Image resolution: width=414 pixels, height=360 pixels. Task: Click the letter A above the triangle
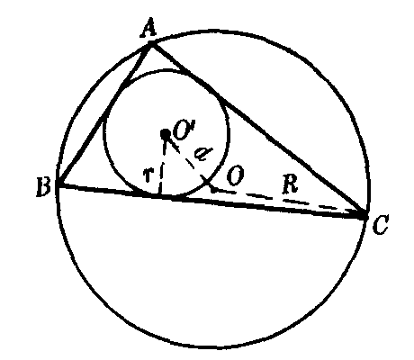click(148, 28)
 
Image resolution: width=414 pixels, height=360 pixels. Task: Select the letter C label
click(381, 224)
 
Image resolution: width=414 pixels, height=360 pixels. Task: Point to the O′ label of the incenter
click(184, 130)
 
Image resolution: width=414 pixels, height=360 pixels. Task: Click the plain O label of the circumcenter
click(235, 176)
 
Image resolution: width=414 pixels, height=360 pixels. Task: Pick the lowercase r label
click(148, 175)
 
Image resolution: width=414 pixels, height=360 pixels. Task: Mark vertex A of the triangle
click(151, 44)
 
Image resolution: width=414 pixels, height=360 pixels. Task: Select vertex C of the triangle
click(365, 215)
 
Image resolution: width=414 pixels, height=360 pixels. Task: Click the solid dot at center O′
click(166, 134)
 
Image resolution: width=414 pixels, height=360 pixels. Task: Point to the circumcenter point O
click(213, 190)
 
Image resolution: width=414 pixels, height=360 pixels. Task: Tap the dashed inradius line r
click(163, 166)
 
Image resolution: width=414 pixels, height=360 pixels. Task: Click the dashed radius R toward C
click(290, 202)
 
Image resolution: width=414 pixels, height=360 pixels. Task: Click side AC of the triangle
click(258, 130)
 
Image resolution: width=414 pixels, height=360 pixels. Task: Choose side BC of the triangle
click(211, 201)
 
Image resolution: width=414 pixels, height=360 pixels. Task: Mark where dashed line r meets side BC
click(160, 195)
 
